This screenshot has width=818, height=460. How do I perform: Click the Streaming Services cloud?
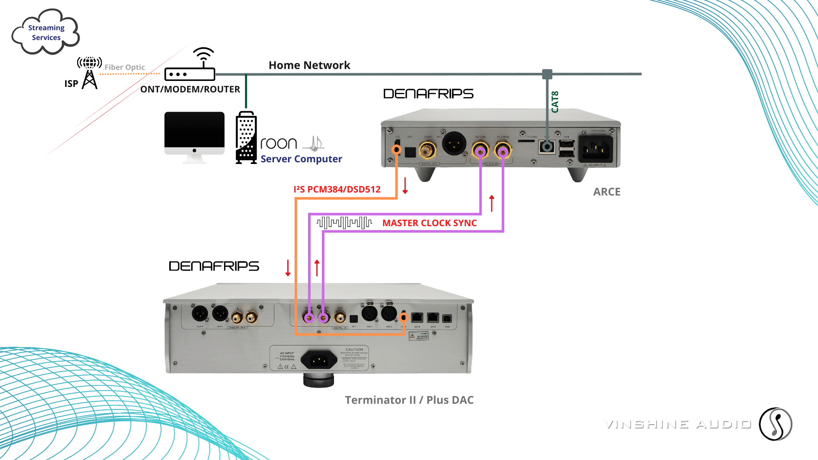(46, 32)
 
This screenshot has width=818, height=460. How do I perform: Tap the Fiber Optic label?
(124, 67)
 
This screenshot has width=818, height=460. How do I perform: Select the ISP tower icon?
(89, 73)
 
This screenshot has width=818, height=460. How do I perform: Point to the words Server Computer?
(301, 159)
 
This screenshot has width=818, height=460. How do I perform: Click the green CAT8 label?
(555, 102)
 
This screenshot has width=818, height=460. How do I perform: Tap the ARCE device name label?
(607, 192)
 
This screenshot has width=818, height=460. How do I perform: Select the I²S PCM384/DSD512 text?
(337, 189)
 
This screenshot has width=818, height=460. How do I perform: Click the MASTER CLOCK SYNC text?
(429, 223)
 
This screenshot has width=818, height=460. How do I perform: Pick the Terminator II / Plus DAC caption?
(409, 400)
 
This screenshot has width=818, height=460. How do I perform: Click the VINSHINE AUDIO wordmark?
(677, 423)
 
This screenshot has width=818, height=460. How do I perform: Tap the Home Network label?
(309, 65)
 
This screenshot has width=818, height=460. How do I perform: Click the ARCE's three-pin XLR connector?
(454, 144)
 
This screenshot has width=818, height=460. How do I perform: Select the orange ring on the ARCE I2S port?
(397, 149)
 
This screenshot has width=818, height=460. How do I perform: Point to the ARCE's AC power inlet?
(595, 149)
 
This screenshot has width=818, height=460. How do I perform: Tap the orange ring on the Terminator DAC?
(404, 317)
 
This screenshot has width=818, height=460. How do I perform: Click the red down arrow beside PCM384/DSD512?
(405, 186)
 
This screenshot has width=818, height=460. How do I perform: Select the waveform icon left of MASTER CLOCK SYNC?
(344, 222)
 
